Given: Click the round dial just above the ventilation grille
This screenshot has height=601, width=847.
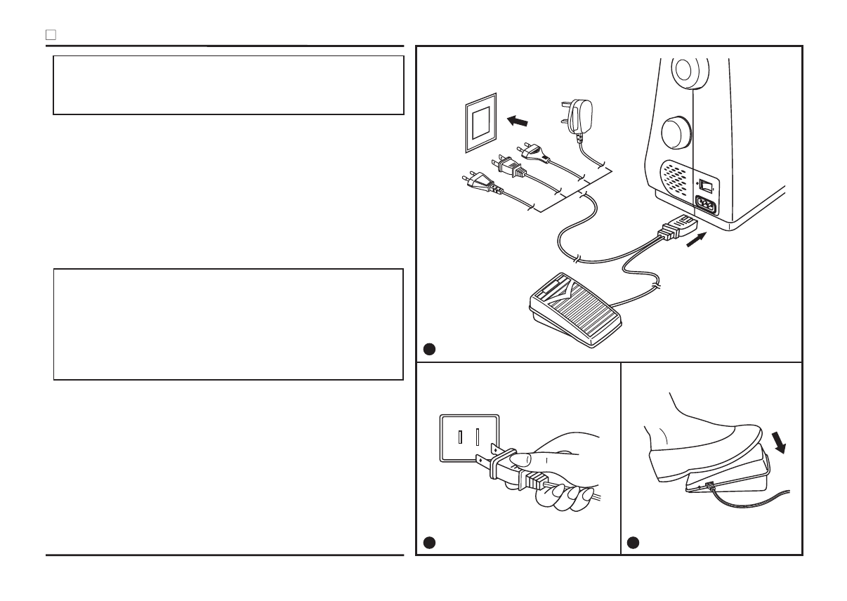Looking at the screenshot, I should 676,132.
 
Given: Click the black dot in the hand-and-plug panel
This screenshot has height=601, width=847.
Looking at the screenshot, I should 428,542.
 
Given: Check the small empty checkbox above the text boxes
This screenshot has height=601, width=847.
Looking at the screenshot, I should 51,34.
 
